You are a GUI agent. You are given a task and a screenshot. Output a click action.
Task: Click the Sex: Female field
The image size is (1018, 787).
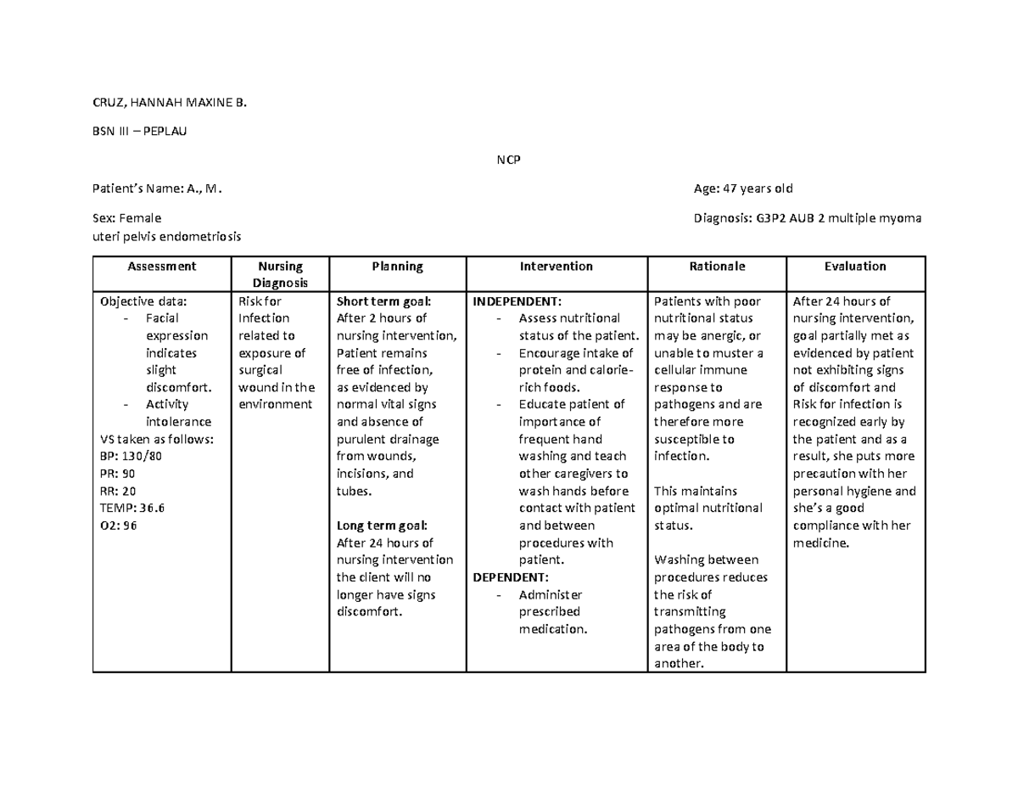[130, 218]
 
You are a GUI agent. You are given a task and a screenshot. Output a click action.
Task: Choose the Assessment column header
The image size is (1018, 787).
[161, 266]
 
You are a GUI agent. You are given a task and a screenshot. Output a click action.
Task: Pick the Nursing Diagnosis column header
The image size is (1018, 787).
[279, 274]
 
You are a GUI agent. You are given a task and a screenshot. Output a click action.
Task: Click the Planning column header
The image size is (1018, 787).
[397, 266]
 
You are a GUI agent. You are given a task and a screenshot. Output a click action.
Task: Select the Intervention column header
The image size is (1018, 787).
[556, 266]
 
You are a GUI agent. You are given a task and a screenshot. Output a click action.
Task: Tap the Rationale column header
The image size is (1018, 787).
[717, 266]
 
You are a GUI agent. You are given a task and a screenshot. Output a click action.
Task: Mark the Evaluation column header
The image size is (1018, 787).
[855, 266]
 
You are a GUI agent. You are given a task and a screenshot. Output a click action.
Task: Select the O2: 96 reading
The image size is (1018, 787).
[118, 526]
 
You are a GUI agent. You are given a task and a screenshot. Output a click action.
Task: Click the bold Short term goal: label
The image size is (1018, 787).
[383, 301]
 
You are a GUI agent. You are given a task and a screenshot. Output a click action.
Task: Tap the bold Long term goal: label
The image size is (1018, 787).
[382, 526]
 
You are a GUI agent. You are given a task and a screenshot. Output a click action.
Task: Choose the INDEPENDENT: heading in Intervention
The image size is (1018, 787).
[517, 301]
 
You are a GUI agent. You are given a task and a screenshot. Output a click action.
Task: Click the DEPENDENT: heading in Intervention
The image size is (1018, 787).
[511, 577]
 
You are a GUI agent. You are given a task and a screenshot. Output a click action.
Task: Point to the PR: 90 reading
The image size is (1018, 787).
[117, 473]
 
